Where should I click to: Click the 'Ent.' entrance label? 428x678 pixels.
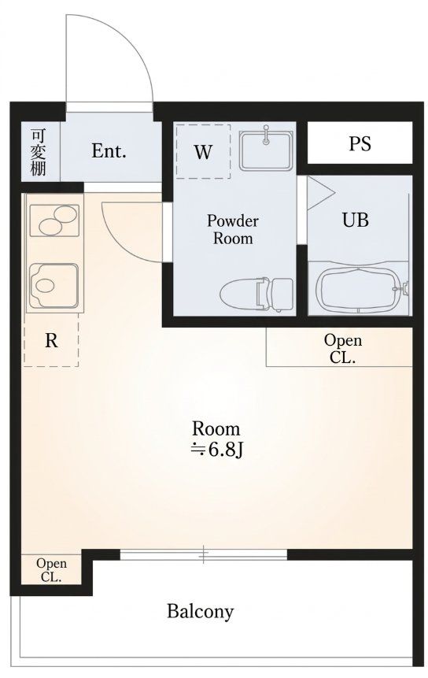click(109, 151)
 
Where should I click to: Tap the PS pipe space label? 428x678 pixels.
click(360, 143)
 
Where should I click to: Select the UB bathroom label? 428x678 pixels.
click(356, 220)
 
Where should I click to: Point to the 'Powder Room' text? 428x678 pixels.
click(232, 229)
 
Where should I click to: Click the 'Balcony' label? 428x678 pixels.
click(201, 611)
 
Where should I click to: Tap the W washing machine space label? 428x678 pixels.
click(203, 152)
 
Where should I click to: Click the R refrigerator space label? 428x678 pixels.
click(51, 341)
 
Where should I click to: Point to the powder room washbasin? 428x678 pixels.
click(266, 148)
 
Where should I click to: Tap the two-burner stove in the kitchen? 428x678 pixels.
click(54, 220)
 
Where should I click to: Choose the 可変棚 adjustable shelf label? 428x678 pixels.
click(38, 151)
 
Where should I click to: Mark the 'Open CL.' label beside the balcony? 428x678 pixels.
click(51, 569)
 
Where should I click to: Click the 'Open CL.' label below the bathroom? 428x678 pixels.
click(343, 349)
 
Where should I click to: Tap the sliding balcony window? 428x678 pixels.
click(204, 554)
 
